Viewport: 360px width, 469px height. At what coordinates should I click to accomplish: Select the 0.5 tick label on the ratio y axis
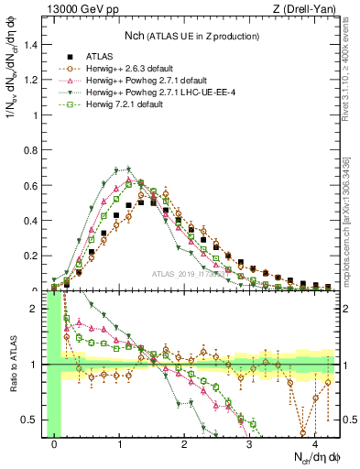pos(34,420)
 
